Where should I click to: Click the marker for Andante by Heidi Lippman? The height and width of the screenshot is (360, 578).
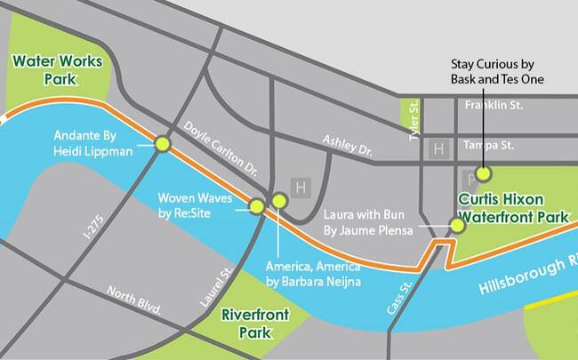tap(163, 144)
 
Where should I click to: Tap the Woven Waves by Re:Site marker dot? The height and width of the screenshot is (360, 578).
tap(257, 207)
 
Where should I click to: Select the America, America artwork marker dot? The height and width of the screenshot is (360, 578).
tap(279, 201)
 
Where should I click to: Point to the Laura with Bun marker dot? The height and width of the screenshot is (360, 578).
tap(457, 226)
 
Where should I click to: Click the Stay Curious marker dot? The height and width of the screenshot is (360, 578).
tap(484, 174)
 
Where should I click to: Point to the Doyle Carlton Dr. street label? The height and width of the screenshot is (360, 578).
tap(221, 147)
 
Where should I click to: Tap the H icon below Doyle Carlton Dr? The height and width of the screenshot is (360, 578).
tap(301, 188)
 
